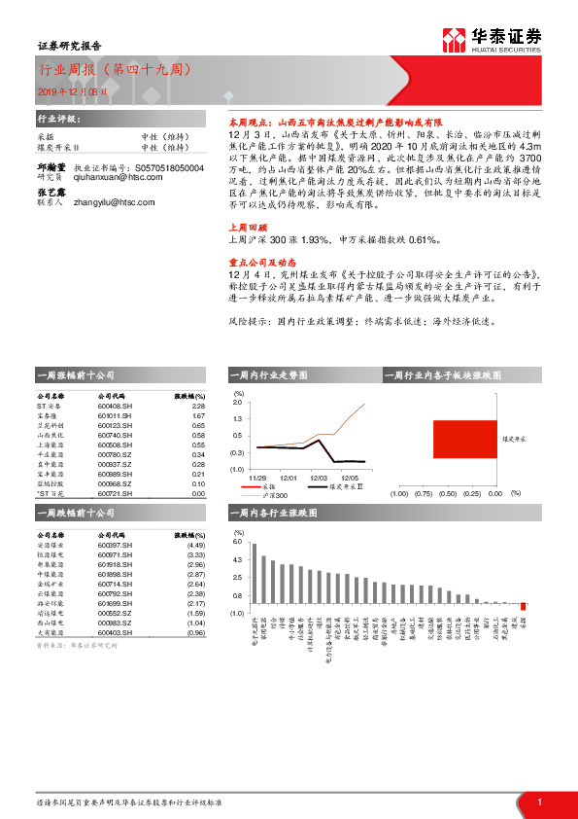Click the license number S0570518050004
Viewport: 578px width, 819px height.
[x=170, y=168]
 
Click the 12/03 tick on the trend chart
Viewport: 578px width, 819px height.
[x=319, y=479]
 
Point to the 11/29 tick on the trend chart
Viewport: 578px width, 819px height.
[x=256, y=479]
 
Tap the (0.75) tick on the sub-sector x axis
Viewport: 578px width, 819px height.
[x=423, y=493]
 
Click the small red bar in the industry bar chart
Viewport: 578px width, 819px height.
[x=523, y=606]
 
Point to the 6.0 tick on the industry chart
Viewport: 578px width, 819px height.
[x=238, y=542]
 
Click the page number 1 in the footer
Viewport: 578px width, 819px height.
[x=538, y=801]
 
